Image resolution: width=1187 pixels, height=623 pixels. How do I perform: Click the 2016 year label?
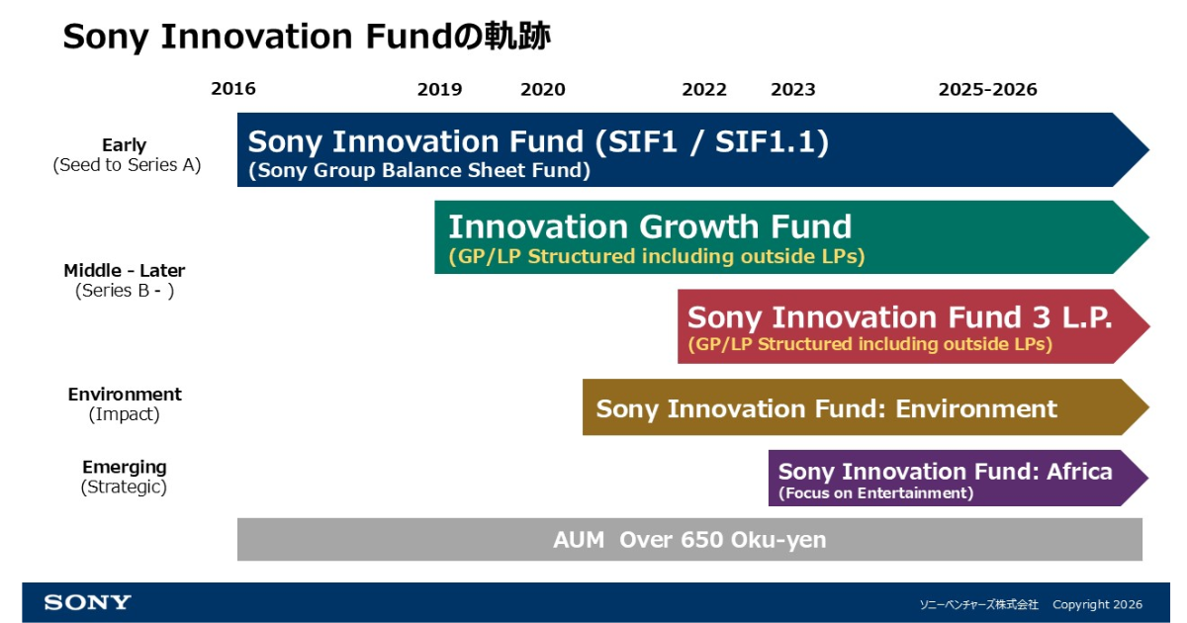point(233,88)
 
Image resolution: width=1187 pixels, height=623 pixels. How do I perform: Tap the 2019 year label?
point(439,89)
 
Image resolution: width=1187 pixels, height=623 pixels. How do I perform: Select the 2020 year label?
point(543,89)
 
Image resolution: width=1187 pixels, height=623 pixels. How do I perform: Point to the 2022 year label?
point(703,89)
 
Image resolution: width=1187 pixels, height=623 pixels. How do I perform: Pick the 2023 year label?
point(792,89)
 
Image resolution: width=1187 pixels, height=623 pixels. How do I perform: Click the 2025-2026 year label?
point(988,89)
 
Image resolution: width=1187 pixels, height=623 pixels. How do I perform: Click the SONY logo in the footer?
point(87,602)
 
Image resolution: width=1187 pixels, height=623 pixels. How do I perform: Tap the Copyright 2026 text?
point(1097,604)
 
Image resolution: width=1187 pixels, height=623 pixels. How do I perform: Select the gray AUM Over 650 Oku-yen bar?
point(689,539)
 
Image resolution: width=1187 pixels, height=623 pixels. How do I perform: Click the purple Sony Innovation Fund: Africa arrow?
point(959,478)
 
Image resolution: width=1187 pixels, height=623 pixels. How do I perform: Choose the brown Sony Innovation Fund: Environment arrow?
point(866,406)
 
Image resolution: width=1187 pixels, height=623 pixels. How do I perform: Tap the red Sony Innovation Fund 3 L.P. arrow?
point(914,326)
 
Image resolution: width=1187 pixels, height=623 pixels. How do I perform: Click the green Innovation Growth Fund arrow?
point(791,237)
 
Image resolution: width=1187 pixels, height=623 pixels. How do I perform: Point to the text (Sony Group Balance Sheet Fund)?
point(419,170)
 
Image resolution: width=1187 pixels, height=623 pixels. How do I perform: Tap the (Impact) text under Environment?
point(124,413)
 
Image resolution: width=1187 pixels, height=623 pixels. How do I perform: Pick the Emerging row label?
point(124,467)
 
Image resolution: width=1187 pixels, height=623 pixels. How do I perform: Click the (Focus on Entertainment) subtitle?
point(876,493)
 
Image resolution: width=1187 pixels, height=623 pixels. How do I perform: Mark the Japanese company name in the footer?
point(978,604)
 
